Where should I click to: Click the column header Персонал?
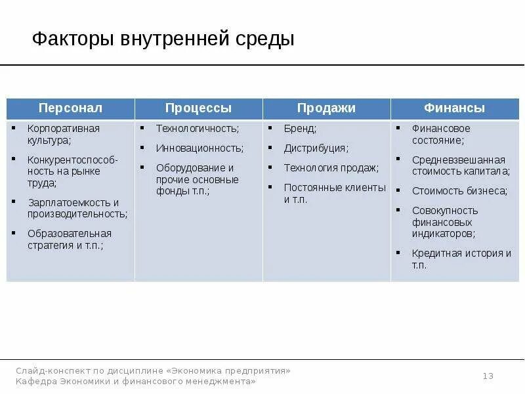70,108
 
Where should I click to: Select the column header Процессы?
198,108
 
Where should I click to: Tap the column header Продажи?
326,108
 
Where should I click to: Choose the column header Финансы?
455,108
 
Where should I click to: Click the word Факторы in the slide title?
73,39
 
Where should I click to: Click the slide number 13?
488,376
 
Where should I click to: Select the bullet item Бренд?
301,129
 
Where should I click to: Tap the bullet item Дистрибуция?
316,148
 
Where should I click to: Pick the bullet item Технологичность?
198,129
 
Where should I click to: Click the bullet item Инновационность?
199,148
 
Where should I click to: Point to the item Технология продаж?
331,168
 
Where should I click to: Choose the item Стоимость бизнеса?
459,191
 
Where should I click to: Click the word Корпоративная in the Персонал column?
64,129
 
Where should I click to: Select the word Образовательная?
70,234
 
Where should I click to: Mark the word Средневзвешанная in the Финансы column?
459,160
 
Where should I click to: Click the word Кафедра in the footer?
36,381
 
